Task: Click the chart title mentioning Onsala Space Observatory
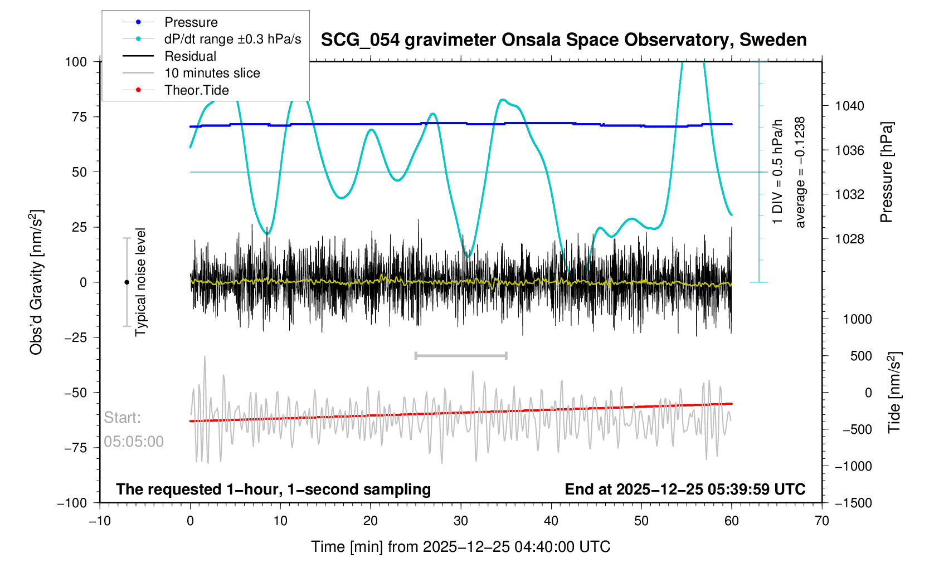tap(563, 40)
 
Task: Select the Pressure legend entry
tap(191, 22)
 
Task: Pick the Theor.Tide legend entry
tap(196, 90)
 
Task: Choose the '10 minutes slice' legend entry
tap(212, 73)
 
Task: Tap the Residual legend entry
tap(190, 56)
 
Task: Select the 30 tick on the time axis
tap(461, 521)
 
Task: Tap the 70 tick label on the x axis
tap(821, 521)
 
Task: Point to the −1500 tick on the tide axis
tap(853, 503)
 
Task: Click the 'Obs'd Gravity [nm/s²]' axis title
tap(37, 282)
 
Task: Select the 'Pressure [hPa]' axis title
tap(886, 172)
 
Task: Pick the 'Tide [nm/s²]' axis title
tap(894, 392)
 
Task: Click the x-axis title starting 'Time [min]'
tap(460, 547)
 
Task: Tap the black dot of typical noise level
tap(127, 282)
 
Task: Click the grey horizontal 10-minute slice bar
tap(461, 355)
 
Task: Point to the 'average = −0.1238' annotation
tap(800, 172)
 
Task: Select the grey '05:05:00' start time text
tap(134, 442)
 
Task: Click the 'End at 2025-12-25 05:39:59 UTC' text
tap(685, 489)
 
